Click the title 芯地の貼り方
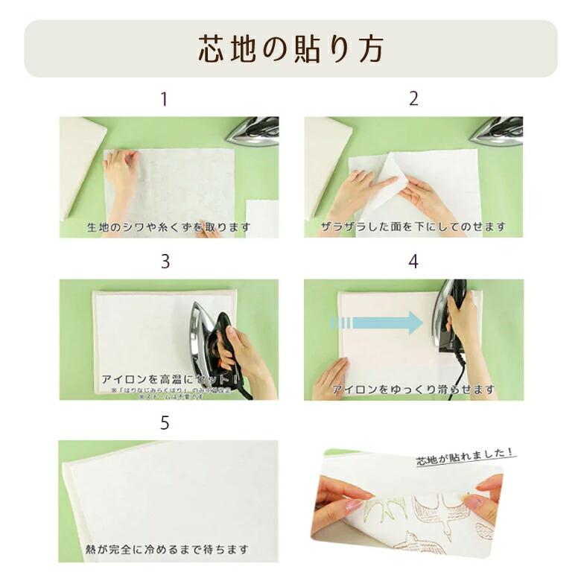click(x=290, y=48)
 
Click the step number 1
click(x=165, y=99)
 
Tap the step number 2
click(x=413, y=99)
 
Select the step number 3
click(x=165, y=261)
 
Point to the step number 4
click(x=413, y=261)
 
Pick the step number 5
click(x=165, y=423)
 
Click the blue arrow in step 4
click(x=377, y=323)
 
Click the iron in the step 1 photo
click(x=254, y=131)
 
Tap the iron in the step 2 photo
click(x=498, y=131)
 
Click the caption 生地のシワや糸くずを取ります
click(x=169, y=226)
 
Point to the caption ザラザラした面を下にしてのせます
click(x=413, y=226)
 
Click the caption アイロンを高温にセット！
click(x=168, y=379)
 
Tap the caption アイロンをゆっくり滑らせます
click(x=413, y=389)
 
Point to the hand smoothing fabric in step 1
click(x=121, y=171)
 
